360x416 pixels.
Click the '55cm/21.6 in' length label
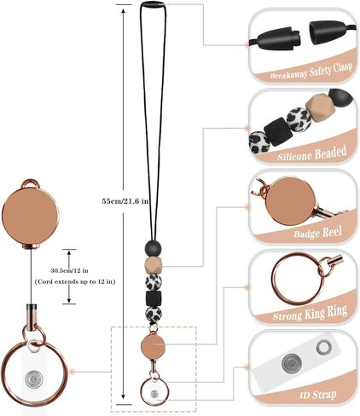[125, 201]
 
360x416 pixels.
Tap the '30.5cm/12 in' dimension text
[69, 270]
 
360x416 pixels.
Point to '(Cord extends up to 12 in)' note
[75, 282]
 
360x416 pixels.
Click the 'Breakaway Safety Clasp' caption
[311, 71]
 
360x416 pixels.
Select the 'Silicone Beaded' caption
[312, 153]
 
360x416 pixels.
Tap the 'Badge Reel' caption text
[317, 233]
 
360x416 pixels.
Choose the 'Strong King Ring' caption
[310, 313]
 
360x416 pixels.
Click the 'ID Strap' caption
[318, 395]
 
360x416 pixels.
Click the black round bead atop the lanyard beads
[154, 248]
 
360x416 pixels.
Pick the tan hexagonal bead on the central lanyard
[154, 264]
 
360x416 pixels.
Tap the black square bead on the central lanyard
[154, 298]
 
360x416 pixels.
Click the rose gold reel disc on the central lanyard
[153, 345]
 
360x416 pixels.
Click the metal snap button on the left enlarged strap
[34, 379]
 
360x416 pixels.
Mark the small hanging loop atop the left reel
[30, 183]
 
